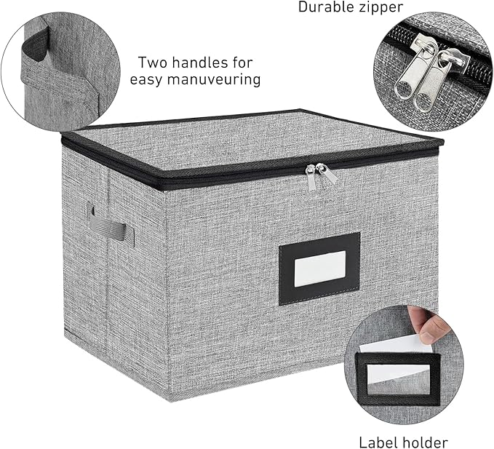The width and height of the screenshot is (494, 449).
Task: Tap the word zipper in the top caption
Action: click(x=380, y=7)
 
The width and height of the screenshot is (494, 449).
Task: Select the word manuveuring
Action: click(x=214, y=79)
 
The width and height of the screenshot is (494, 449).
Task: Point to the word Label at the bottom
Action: click(x=376, y=442)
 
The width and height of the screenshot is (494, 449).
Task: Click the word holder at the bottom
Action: click(x=423, y=442)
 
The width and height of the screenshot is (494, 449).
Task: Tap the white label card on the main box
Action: click(x=319, y=269)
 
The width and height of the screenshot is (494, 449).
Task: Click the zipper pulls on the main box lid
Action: click(x=321, y=176)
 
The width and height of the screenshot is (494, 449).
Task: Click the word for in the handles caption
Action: click(x=243, y=63)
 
